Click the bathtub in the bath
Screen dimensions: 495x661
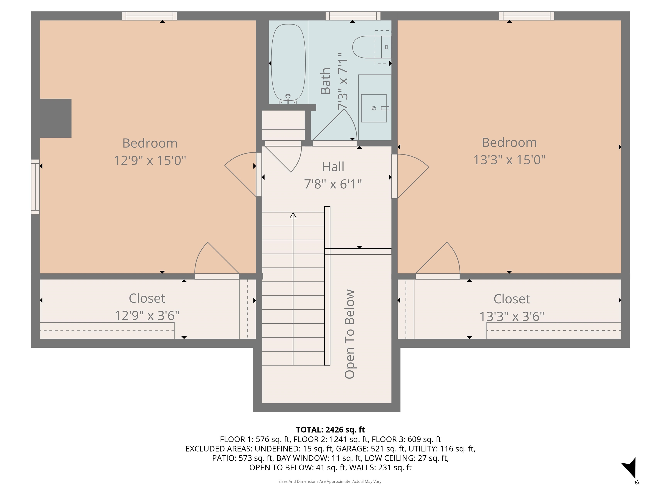(288, 63)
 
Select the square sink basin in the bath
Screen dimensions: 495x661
(374, 108)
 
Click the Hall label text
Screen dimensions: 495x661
(333, 167)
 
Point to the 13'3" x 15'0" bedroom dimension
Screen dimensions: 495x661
(509, 160)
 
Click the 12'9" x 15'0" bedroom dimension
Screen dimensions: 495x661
(150, 160)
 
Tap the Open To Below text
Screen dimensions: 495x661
(350, 334)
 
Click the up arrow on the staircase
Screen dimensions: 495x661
(293, 215)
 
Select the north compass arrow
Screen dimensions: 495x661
(630, 468)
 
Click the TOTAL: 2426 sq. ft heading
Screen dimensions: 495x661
(330, 430)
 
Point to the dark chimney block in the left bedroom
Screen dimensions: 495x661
(55, 118)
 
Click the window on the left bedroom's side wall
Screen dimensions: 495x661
(35, 187)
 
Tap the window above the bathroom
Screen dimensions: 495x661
(353, 16)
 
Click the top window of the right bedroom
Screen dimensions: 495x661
(526, 16)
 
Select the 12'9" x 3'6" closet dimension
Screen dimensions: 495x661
(147, 316)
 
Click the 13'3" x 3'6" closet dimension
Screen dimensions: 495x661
(512, 316)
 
